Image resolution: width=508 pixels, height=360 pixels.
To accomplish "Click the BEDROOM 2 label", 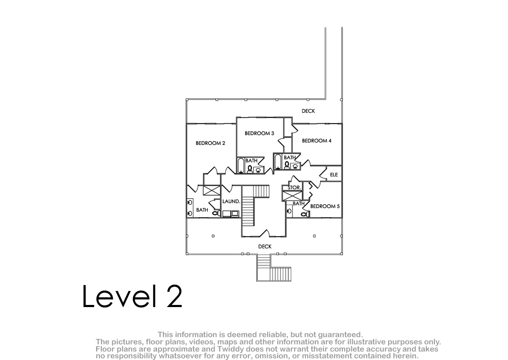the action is (210, 143).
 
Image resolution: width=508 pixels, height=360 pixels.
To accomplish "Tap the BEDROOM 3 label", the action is (259, 133).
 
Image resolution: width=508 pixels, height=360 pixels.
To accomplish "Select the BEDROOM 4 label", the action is (317, 141).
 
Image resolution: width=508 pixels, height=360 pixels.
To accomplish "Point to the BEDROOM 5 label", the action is (325, 206).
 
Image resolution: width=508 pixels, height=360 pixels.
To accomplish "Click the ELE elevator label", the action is (334, 174).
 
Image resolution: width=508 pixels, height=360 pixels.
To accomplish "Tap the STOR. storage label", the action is (294, 188).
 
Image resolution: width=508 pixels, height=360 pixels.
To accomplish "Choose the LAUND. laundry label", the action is (231, 201).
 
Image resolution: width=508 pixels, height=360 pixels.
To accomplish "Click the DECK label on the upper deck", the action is (308, 111).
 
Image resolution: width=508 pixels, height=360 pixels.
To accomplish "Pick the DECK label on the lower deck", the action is (265, 246).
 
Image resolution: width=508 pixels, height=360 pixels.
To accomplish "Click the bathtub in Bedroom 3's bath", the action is (240, 165).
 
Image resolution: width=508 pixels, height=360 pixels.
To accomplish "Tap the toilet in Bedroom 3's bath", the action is (250, 169).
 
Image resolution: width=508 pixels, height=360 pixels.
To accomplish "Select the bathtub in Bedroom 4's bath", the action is (278, 161).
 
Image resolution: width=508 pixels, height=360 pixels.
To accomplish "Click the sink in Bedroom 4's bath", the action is (295, 166).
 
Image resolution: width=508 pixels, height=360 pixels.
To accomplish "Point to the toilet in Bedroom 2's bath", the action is (216, 213).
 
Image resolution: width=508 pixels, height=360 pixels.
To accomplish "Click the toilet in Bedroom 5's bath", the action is (305, 214).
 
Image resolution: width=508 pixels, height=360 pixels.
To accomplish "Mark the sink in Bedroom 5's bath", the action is (289, 211).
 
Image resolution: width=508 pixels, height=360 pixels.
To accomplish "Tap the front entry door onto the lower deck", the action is (264, 234).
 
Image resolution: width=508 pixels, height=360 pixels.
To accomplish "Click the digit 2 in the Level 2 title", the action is (174, 296).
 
